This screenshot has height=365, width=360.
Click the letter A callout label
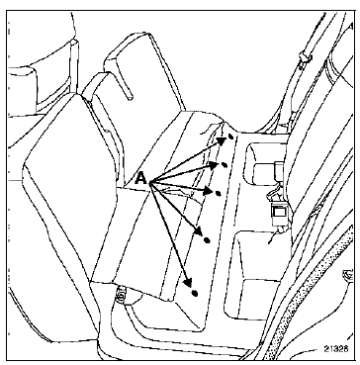point(141,179)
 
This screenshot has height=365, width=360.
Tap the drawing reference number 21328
point(335,348)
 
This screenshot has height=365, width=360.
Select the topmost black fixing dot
point(231,136)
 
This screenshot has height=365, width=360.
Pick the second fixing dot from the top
point(225,164)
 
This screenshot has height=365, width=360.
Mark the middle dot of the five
point(218,194)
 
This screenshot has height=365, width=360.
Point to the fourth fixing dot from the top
point(207,240)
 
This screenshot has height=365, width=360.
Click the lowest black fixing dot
point(195,293)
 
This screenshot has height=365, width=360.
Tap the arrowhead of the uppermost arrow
point(222,140)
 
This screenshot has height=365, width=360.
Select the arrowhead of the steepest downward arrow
point(188,282)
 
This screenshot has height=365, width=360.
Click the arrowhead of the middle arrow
point(209,191)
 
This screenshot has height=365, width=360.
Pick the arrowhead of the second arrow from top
point(215,165)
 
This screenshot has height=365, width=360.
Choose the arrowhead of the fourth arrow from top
point(199,231)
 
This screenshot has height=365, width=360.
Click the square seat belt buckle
point(279,211)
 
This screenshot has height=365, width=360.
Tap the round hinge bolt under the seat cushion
point(121,293)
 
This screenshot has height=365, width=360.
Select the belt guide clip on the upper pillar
point(305,59)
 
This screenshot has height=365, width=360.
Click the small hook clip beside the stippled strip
point(347,275)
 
